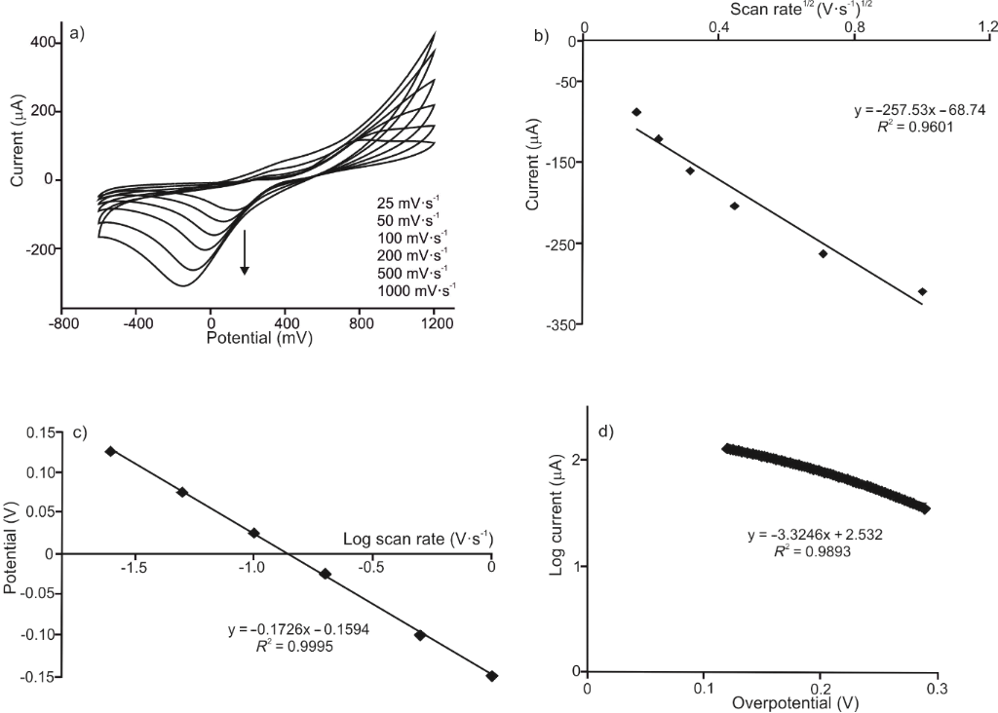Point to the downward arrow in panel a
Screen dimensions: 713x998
pos(245,252)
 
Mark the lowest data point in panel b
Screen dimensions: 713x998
pos(922,291)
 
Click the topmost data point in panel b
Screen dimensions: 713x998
pos(636,112)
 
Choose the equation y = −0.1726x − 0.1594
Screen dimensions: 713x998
pos(298,629)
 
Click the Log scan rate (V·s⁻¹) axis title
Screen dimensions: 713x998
pos(418,537)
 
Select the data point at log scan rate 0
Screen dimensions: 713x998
pos(492,676)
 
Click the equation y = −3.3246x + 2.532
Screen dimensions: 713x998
pos(816,535)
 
